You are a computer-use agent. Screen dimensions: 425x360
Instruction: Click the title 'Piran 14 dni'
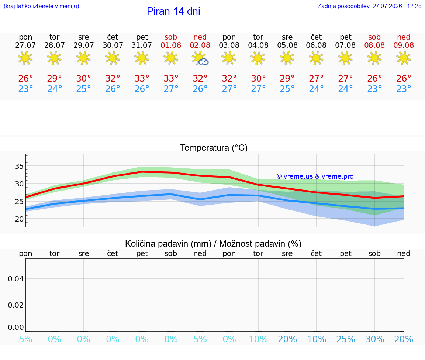coord(173,11)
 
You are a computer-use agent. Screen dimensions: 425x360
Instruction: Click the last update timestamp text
coord(369,6)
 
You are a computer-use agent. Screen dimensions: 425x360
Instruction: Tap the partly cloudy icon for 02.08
coord(200,58)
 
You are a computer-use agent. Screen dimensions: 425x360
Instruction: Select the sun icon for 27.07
coord(25,58)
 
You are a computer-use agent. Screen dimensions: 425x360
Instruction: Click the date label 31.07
coord(142,45)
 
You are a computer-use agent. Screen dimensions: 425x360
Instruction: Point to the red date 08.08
coord(374,45)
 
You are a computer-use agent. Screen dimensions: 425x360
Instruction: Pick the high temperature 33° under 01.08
coord(171,78)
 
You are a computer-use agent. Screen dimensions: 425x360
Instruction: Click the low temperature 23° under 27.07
coord(25,89)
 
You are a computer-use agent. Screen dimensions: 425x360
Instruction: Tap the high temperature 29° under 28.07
coord(55,78)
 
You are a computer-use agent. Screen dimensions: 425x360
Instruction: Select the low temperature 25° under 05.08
coord(287,89)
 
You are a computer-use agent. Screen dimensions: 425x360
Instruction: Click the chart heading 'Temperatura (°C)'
coord(214,148)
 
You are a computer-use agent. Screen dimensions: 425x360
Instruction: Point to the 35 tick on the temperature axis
coord(19,166)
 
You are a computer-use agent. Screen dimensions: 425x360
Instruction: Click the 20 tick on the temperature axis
coord(19,219)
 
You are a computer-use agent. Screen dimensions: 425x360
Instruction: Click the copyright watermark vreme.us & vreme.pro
coord(315,176)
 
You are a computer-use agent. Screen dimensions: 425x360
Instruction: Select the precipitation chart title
coord(213,244)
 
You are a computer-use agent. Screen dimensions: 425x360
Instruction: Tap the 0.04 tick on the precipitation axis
coord(16,279)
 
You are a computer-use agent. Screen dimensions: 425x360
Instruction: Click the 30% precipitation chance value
coord(375,339)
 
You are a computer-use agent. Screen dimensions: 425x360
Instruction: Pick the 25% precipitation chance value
coord(346,339)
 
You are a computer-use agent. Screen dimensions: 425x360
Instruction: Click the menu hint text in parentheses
coord(41,6)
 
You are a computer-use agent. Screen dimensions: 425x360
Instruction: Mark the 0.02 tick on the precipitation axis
coord(16,305)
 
